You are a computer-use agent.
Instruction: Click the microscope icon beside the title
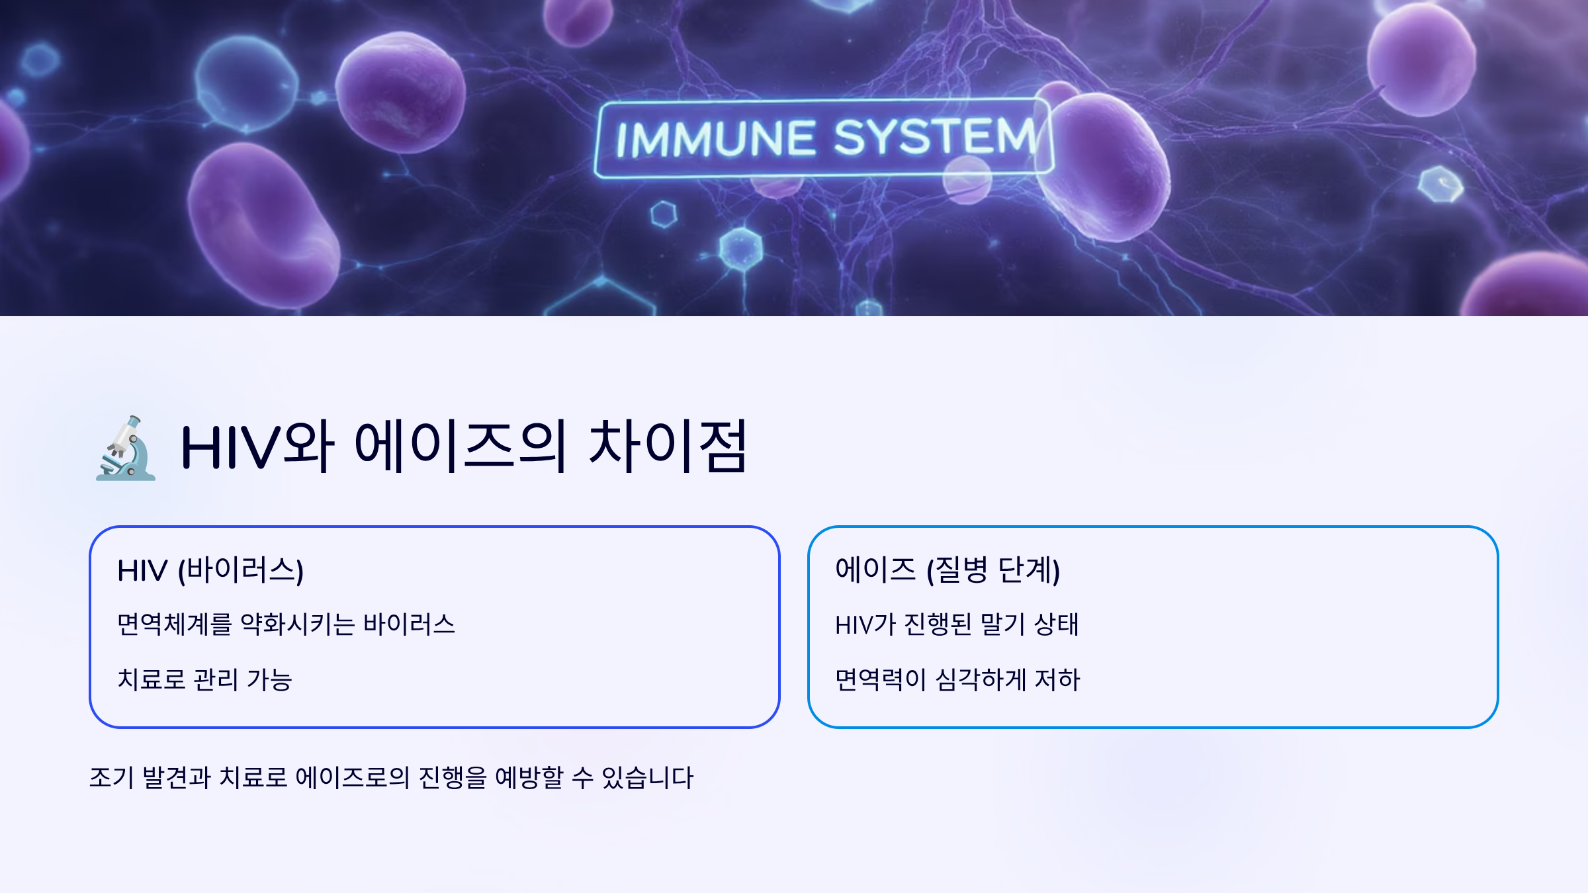click(x=126, y=448)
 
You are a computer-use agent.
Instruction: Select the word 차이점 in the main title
click(x=668, y=446)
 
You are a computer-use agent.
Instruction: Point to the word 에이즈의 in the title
click(x=461, y=446)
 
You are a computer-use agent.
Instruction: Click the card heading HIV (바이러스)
click(x=210, y=570)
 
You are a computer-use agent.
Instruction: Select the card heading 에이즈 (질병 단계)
click(x=948, y=570)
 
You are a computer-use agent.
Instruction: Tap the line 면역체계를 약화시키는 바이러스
click(x=286, y=624)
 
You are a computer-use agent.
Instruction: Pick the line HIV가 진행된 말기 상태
click(x=957, y=624)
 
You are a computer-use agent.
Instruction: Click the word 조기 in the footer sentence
click(x=111, y=778)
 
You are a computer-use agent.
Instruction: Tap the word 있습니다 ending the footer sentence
click(x=647, y=778)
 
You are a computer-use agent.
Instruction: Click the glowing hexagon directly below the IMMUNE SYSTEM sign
click(x=664, y=214)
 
